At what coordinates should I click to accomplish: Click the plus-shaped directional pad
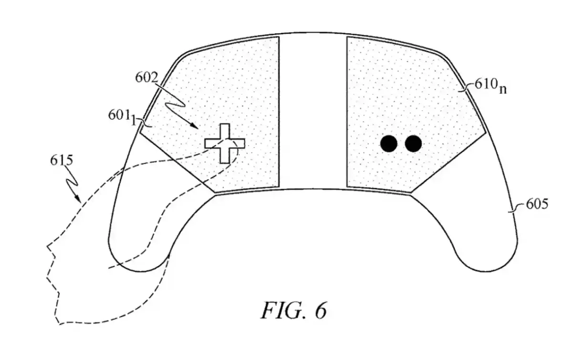pos(225,144)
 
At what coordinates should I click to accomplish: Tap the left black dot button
pos(389,144)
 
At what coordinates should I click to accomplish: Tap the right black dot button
pos(413,144)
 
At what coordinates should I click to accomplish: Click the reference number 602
pos(146,77)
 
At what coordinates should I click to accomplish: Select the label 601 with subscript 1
pos(122,116)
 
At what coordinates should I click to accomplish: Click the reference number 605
pos(537,204)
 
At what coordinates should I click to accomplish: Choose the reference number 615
pos(62,160)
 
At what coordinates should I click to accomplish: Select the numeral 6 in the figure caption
pos(321,310)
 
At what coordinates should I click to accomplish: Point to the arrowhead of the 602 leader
pos(194,126)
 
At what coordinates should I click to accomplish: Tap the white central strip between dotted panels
pos(313,112)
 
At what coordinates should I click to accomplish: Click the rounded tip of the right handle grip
pos(485,271)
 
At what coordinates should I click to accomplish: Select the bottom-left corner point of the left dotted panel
pos(215,193)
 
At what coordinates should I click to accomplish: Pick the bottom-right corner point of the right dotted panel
pos(411,193)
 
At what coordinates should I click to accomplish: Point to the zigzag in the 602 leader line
pos(176,104)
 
